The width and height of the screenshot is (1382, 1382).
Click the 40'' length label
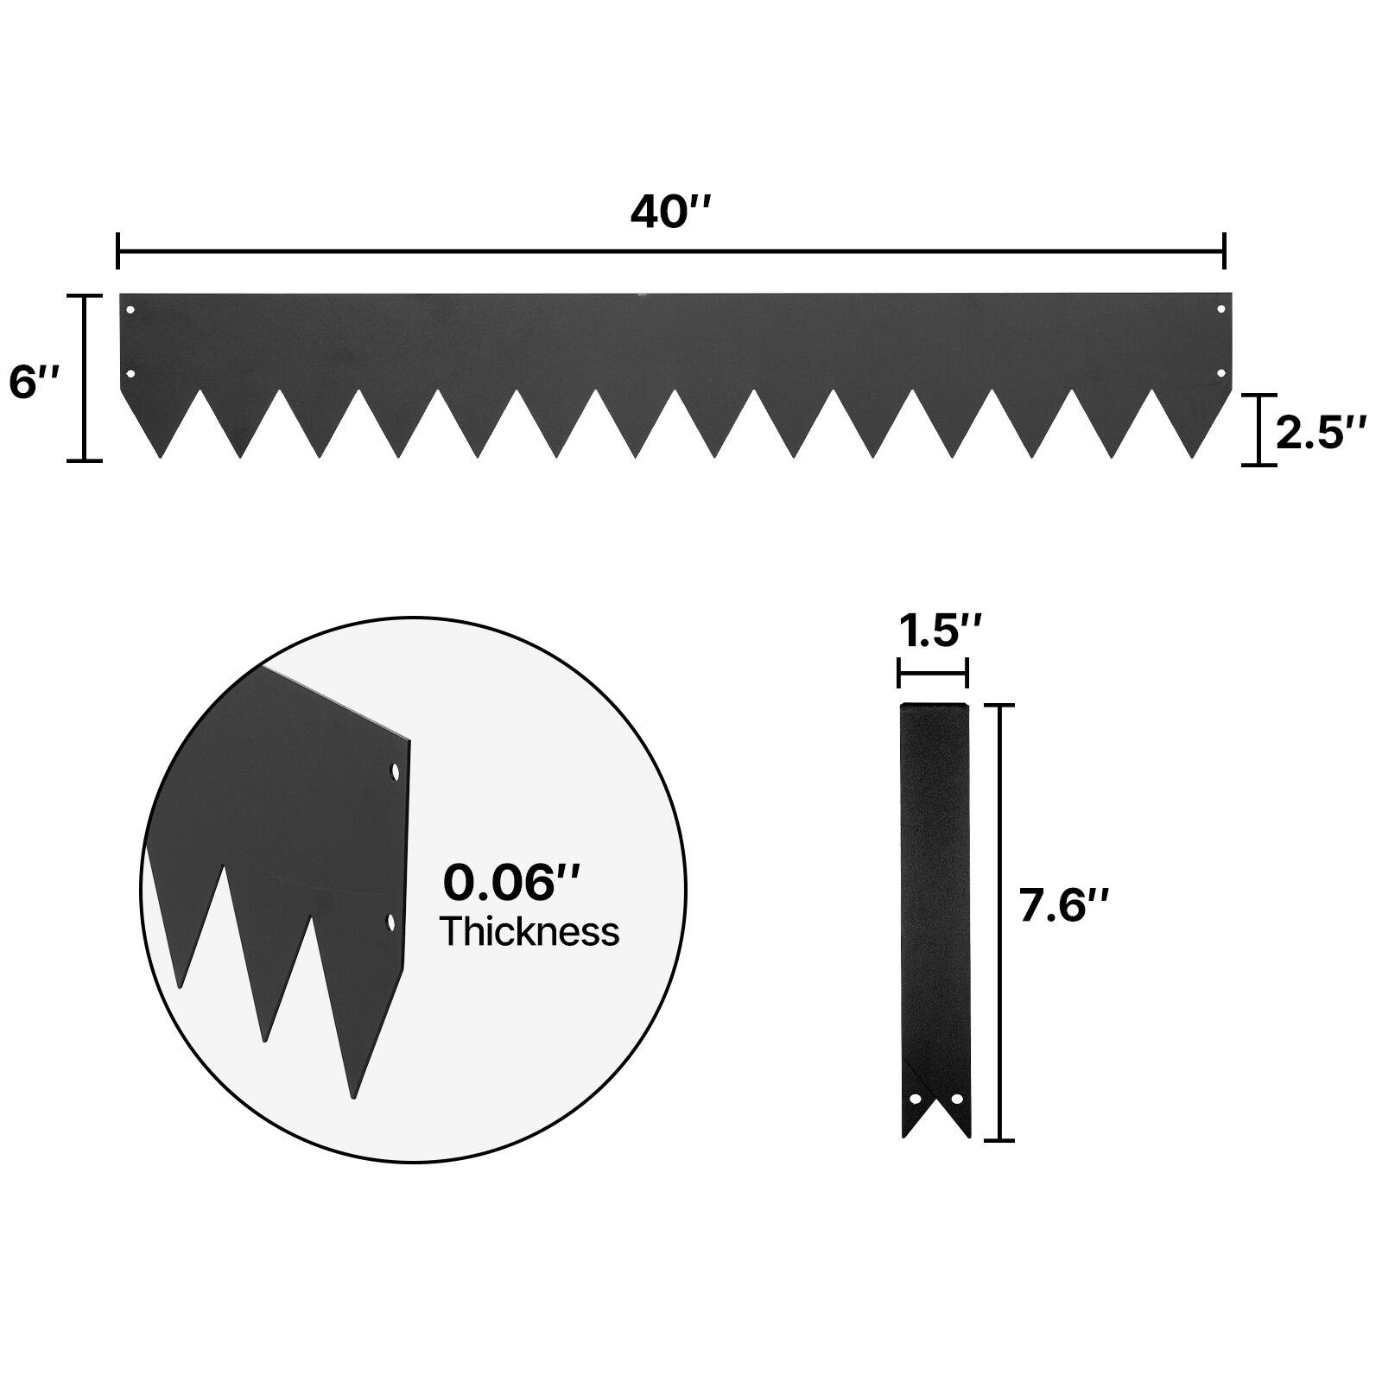[670, 212]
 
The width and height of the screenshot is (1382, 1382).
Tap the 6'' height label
[35, 382]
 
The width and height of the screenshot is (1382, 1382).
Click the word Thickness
[529, 932]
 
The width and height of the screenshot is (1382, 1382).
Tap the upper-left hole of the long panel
[130, 309]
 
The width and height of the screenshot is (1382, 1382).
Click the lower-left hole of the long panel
[130, 374]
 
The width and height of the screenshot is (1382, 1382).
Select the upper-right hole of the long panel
[1221, 309]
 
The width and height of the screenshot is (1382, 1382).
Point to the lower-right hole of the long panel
[1221, 373]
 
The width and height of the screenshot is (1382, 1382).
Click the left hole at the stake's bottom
[915, 1099]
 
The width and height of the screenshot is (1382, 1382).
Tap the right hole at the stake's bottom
[956, 1099]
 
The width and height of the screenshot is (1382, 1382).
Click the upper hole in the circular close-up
[396, 770]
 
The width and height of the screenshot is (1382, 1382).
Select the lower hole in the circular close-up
[390, 922]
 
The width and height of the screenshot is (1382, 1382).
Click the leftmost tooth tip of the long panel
[161, 455]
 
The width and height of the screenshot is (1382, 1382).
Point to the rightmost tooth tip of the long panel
[1193, 455]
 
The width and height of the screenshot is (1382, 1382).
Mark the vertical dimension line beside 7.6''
[999, 922]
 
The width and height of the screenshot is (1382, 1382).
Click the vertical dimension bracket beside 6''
[85, 378]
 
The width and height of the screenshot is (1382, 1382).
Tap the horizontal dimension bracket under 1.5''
[933, 672]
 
